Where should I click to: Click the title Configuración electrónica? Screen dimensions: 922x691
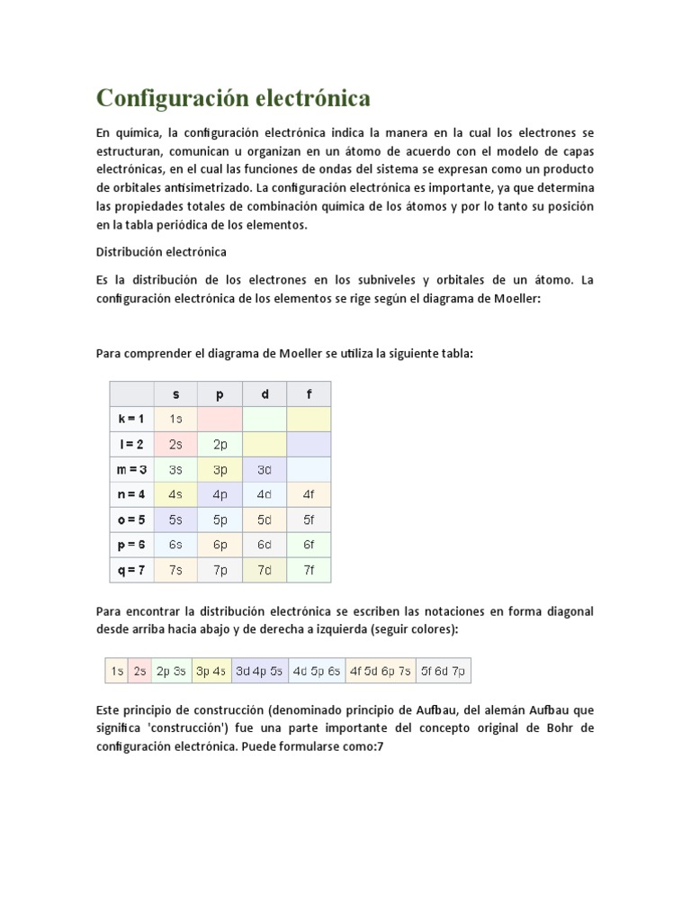click(233, 97)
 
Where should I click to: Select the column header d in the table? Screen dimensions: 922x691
click(265, 394)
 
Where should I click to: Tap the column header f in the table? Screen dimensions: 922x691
click(309, 394)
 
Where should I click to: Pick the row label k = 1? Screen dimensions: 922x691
click(131, 419)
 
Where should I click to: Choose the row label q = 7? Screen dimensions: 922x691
click(131, 570)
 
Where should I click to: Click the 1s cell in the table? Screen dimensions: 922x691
click(176, 419)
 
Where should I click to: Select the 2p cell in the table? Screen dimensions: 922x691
click(220, 444)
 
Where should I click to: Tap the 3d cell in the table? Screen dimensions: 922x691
click(265, 469)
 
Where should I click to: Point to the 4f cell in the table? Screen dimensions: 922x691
click(309, 494)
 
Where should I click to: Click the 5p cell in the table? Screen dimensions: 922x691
click(220, 520)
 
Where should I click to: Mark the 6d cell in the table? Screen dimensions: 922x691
click(265, 545)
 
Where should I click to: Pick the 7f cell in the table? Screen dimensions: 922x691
click(309, 570)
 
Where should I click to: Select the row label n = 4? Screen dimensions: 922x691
click(131, 494)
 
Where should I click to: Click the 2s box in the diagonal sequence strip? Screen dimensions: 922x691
click(139, 671)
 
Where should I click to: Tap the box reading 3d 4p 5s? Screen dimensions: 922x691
click(258, 671)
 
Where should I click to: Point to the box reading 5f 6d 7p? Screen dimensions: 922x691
click(444, 671)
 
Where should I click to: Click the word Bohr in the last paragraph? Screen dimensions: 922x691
click(561, 728)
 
